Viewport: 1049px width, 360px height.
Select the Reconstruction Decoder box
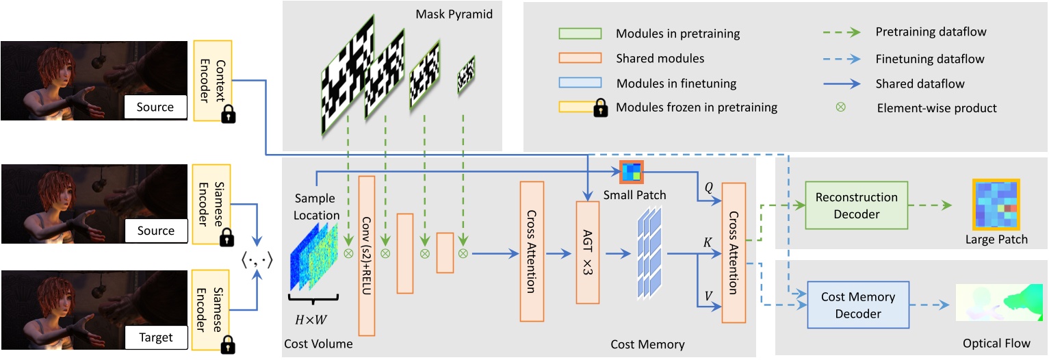coord(856,205)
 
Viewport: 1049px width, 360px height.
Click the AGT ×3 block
coord(587,252)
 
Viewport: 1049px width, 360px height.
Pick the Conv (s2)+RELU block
coord(367,255)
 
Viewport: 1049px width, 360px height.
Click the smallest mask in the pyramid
coord(466,74)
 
